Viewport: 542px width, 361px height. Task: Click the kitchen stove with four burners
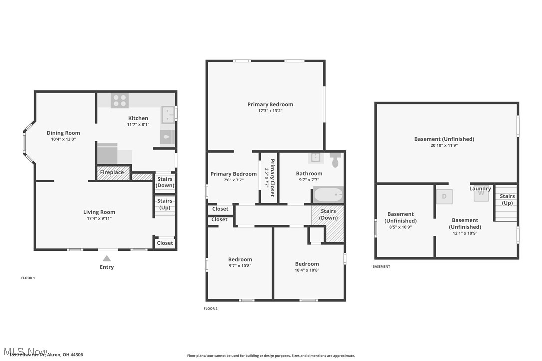120,100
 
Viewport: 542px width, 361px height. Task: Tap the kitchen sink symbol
167,115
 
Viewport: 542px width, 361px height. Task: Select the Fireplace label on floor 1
112,172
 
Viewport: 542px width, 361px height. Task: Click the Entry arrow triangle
106,258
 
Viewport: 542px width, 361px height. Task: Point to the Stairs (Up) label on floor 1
165,204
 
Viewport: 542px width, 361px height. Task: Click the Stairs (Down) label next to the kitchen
165,182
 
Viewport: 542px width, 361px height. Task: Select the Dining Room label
63,133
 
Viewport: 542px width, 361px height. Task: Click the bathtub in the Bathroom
328,194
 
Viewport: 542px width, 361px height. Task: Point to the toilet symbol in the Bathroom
335,160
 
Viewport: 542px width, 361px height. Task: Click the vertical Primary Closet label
272,178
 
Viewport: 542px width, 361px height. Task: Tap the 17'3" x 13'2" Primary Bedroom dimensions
270,111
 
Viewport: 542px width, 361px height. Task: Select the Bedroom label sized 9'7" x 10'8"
240,259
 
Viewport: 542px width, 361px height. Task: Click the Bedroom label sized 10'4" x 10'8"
307,264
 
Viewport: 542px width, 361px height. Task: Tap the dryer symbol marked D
444,196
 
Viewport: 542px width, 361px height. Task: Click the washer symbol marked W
481,194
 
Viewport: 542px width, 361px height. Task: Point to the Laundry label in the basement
480,188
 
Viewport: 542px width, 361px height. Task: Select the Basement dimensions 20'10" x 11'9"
444,146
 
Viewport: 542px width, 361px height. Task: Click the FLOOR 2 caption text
210,309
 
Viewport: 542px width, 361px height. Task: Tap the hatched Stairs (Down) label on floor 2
328,214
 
